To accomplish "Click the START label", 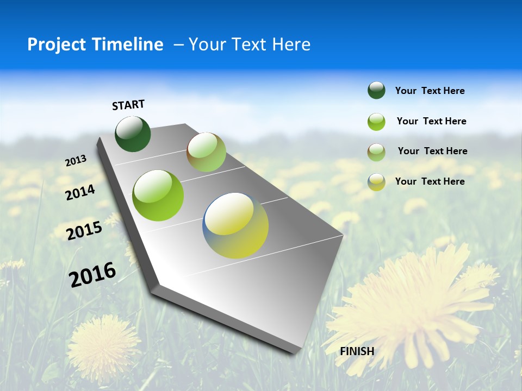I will [x=128, y=105].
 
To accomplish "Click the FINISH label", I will [x=357, y=351].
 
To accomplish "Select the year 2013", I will [x=76, y=161].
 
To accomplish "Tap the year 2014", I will [x=80, y=192].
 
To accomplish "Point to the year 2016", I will [x=92, y=275].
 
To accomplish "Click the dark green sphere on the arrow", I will [x=133, y=134].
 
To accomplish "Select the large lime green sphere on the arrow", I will [x=158, y=195].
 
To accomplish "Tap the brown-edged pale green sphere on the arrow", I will [x=206, y=152].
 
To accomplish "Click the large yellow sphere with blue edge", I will [x=235, y=225].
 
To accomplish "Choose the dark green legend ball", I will [x=376, y=91].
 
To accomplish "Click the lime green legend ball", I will [x=376, y=122].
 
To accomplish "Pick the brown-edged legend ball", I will [x=376, y=152].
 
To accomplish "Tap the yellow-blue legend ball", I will [x=376, y=182].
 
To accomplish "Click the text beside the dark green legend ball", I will [x=430, y=91].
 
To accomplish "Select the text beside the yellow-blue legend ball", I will [x=430, y=181].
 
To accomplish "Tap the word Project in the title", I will [x=55, y=45].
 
